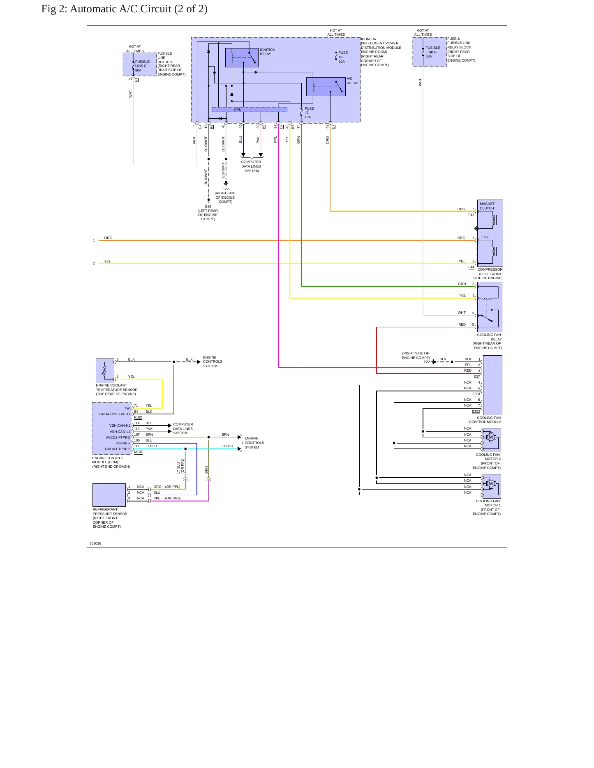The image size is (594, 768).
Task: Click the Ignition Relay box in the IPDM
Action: click(x=242, y=58)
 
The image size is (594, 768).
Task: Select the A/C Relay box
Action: click(x=326, y=87)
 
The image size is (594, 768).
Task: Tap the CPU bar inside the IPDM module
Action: click(x=249, y=110)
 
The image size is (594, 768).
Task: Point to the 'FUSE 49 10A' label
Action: click(x=343, y=57)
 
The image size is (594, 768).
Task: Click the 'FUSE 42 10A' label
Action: click(x=309, y=113)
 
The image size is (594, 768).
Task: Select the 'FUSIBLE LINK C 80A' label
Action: click(x=142, y=66)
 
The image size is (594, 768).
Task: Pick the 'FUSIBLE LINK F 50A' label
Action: click(x=432, y=52)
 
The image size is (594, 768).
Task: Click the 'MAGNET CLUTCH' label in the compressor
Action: click(x=487, y=206)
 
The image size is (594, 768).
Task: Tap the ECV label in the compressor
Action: click(x=485, y=237)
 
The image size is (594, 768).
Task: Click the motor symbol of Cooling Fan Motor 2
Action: click(x=490, y=437)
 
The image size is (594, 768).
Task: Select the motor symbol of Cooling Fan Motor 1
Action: click(x=490, y=484)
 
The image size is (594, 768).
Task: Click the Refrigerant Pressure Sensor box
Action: click(x=109, y=495)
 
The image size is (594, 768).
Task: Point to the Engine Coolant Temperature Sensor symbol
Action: click(x=105, y=370)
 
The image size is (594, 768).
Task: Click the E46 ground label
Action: click(x=208, y=207)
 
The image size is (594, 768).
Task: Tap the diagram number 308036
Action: click(x=95, y=543)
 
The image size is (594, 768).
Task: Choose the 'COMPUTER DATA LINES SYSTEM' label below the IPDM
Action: click(x=251, y=166)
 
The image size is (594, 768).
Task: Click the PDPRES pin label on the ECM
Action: click(x=122, y=443)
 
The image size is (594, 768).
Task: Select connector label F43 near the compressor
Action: click(x=471, y=215)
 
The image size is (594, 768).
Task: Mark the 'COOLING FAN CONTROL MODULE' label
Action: click(x=485, y=420)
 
